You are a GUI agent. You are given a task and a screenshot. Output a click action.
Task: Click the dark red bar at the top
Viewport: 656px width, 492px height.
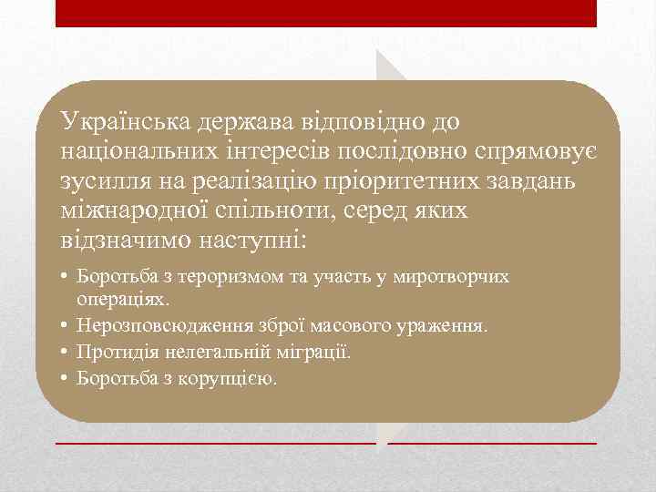326,13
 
